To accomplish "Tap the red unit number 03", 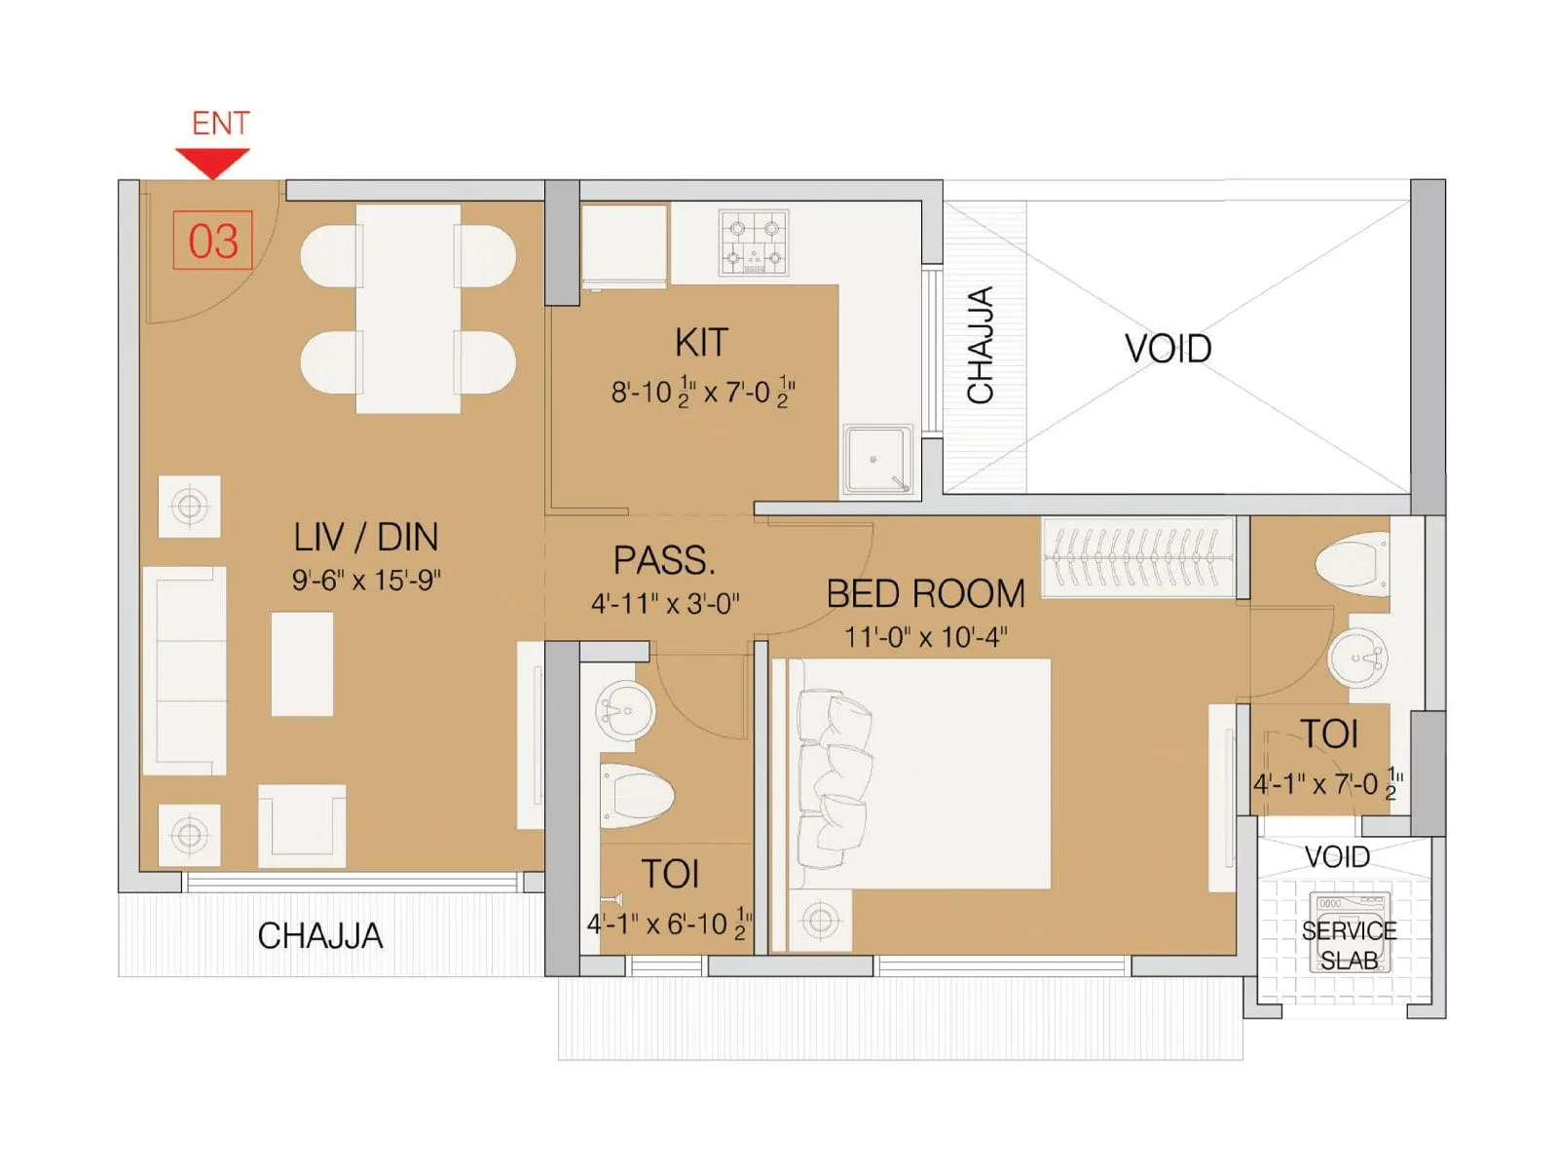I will pyautogui.click(x=212, y=241).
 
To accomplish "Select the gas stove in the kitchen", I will pyautogui.click(x=754, y=242).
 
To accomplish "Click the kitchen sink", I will pyautogui.click(x=876, y=459).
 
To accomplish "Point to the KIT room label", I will pyautogui.click(x=701, y=343).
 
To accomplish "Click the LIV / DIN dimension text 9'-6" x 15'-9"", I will pyautogui.click(x=366, y=581).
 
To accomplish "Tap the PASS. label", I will pyautogui.click(x=664, y=561).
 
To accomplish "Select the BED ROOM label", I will pyautogui.click(x=925, y=594).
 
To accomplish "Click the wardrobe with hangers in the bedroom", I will pyautogui.click(x=1137, y=557).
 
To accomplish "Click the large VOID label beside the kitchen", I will pyautogui.click(x=1168, y=349).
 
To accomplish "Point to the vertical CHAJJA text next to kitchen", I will pyautogui.click(x=981, y=345).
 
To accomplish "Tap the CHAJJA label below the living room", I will pyautogui.click(x=319, y=936).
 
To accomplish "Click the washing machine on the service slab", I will pyautogui.click(x=1350, y=930).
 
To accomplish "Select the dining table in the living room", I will pyautogui.click(x=408, y=309).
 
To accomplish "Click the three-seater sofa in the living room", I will pyautogui.click(x=185, y=670).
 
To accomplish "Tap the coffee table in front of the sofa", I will pyautogui.click(x=302, y=663).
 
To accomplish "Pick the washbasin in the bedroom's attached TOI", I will pyautogui.click(x=1357, y=658).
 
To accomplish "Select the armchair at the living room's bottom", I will pyautogui.click(x=301, y=825).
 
